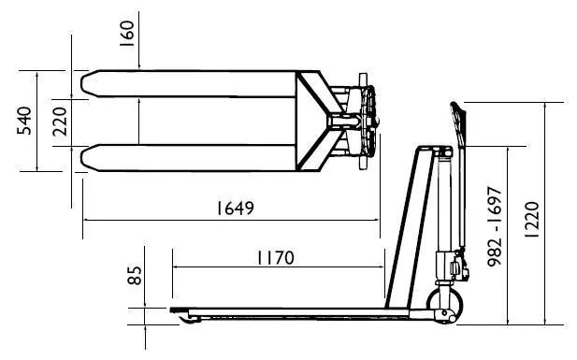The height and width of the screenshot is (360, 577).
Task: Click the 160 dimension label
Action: (126, 34)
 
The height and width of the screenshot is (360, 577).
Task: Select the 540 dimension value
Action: (24, 121)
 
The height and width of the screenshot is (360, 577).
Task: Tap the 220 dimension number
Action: (60, 122)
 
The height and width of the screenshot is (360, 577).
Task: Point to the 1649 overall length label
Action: (235, 208)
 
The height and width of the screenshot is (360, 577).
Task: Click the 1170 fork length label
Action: (276, 258)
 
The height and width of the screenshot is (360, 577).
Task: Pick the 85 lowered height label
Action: (135, 275)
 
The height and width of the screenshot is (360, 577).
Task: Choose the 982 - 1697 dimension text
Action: (494, 226)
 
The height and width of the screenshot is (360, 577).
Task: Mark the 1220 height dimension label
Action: (531, 220)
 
